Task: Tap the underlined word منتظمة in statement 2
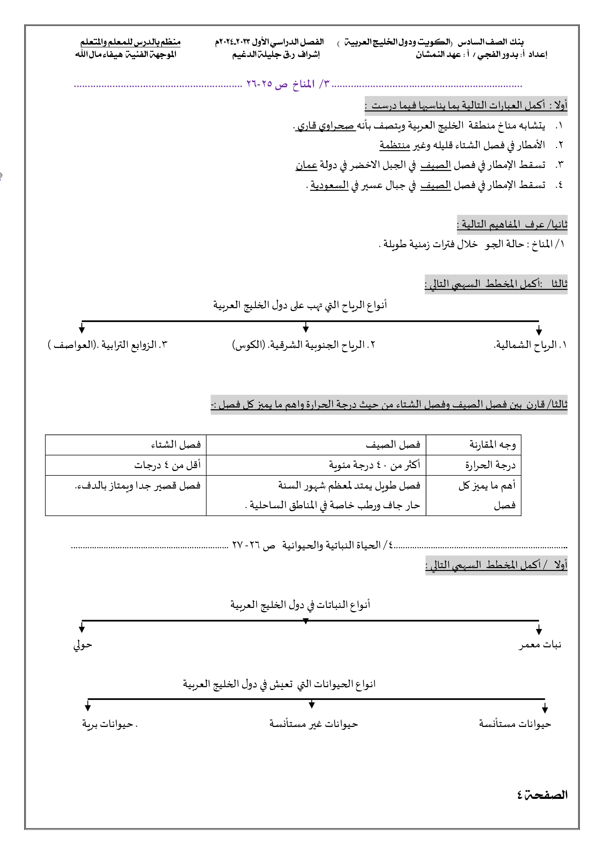395,145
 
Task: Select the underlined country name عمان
306,165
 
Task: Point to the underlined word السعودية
329,184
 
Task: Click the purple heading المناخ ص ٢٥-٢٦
287,84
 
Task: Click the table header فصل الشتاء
176,444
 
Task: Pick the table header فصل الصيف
393,444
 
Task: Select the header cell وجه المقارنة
492,444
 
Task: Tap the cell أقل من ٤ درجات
167,465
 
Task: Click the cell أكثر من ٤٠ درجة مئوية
374,465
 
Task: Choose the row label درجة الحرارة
490,465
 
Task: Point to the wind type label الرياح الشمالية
530,345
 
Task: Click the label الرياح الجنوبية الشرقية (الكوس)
303,345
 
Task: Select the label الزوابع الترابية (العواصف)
108,345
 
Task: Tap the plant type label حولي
83,644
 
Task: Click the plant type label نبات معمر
540,644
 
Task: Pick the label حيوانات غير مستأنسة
314,724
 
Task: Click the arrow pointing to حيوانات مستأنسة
545,708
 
